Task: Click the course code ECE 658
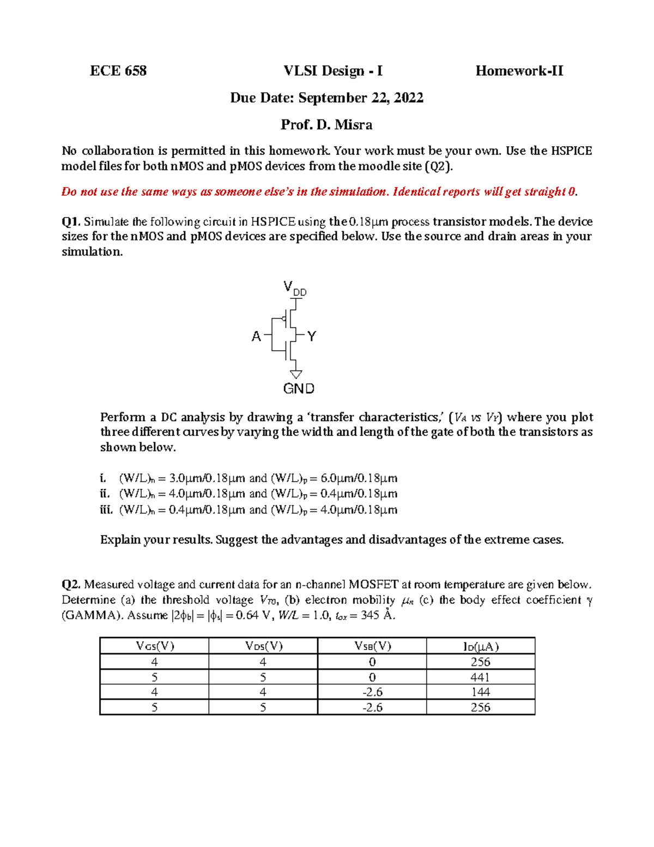(x=118, y=71)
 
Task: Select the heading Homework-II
(x=519, y=71)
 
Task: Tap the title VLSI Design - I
(x=333, y=71)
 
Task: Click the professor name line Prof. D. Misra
(x=326, y=125)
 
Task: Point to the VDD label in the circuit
(x=295, y=288)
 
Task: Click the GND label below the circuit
(x=299, y=389)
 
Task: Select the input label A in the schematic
(x=256, y=337)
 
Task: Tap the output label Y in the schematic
(x=312, y=337)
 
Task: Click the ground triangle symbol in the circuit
(x=296, y=374)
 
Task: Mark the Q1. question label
(x=71, y=221)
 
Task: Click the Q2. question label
(x=71, y=585)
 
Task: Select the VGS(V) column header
(x=155, y=646)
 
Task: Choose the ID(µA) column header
(x=481, y=646)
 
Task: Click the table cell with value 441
(x=481, y=677)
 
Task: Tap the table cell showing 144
(x=481, y=692)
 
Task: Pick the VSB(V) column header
(x=372, y=646)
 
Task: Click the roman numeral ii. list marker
(x=105, y=494)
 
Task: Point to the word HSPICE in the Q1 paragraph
(x=273, y=221)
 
